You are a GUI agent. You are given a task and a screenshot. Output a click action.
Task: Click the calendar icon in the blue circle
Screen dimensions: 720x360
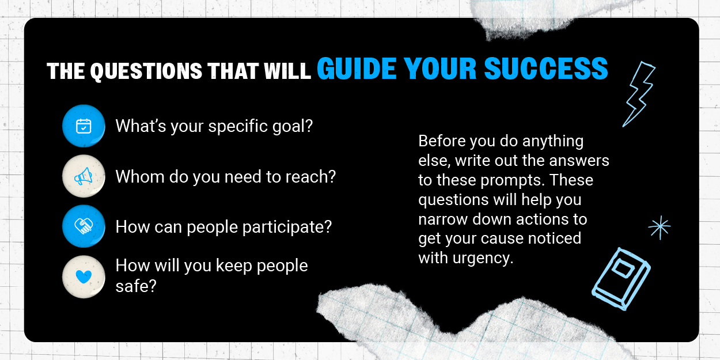pyautogui.click(x=84, y=126)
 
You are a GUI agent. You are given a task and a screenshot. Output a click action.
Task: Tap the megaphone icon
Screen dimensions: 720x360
pyautogui.click(x=84, y=176)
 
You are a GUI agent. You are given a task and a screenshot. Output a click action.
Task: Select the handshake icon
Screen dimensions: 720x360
pyautogui.click(x=84, y=226)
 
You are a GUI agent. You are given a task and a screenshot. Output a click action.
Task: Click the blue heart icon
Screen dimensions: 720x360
pyautogui.click(x=84, y=276)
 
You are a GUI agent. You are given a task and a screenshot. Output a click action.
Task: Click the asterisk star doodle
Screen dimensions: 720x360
pyautogui.click(x=660, y=228)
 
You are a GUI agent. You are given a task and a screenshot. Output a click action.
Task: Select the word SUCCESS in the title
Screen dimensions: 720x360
pyautogui.click(x=546, y=69)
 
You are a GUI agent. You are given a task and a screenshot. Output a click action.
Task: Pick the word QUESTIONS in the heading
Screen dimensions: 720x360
pyautogui.click(x=146, y=71)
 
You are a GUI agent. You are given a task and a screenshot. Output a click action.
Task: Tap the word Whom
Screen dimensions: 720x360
pyautogui.click(x=140, y=176)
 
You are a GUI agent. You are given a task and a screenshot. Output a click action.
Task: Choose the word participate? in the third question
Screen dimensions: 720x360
pyautogui.click(x=287, y=228)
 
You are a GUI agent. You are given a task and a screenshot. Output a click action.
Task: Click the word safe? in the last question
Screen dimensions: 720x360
pyautogui.click(x=136, y=286)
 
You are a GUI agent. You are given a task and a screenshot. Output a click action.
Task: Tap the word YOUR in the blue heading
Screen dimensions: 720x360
pyautogui.click(x=440, y=69)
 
